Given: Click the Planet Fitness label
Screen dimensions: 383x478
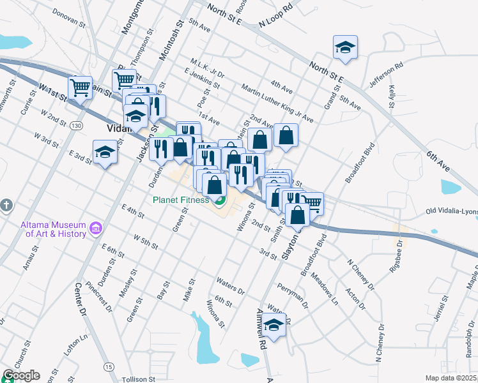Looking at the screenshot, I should coord(180,200).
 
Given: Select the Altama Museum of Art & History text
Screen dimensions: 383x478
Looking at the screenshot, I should coord(53,229).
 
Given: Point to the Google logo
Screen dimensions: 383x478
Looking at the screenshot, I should coord(21,375).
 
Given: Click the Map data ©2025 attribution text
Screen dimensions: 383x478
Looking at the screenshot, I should coord(451,378).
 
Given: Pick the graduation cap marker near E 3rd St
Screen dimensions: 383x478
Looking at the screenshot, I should coord(105,153).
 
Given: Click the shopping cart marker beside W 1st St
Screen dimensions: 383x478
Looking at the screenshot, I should coord(80,87).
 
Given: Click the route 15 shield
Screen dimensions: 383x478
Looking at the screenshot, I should coord(109,366).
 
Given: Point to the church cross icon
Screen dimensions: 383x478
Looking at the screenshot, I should coord(6,206).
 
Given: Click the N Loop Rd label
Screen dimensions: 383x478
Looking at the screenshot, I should coord(275,17).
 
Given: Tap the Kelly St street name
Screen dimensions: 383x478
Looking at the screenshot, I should coord(390,94).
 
